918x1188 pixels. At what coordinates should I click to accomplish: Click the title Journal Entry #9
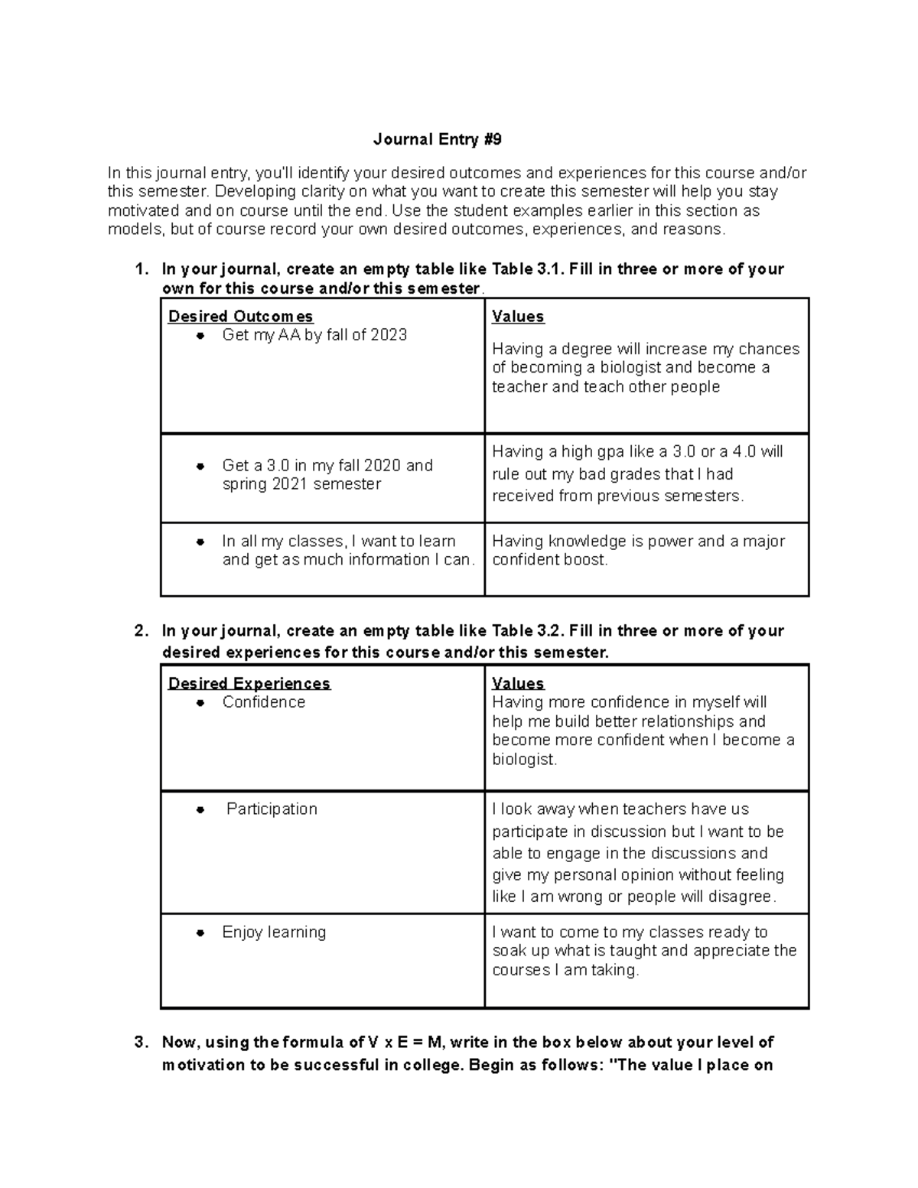tap(438, 139)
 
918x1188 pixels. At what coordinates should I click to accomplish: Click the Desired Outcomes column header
tap(240, 316)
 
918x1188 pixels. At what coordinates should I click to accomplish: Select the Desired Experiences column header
tap(249, 683)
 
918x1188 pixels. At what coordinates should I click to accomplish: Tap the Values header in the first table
tap(517, 316)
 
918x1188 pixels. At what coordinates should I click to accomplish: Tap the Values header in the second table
tap(517, 683)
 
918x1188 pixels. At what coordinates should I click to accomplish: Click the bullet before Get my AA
tap(200, 336)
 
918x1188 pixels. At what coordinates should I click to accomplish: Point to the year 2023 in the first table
tap(389, 335)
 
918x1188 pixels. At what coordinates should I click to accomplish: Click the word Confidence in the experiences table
tap(263, 702)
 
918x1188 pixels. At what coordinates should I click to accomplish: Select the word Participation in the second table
tap(272, 809)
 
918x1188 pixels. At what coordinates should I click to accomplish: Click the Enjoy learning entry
tap(274, 932)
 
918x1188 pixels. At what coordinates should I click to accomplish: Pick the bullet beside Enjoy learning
tap(200, 932)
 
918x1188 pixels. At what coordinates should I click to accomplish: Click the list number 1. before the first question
tap(140, 269)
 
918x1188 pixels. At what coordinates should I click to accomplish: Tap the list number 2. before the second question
tap(140, 631)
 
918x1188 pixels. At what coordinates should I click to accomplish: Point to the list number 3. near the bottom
tap(140, 1042)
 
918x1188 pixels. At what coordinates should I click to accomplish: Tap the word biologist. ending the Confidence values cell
tap(525, 760)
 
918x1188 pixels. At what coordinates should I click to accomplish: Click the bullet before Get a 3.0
tap(200, 466)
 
